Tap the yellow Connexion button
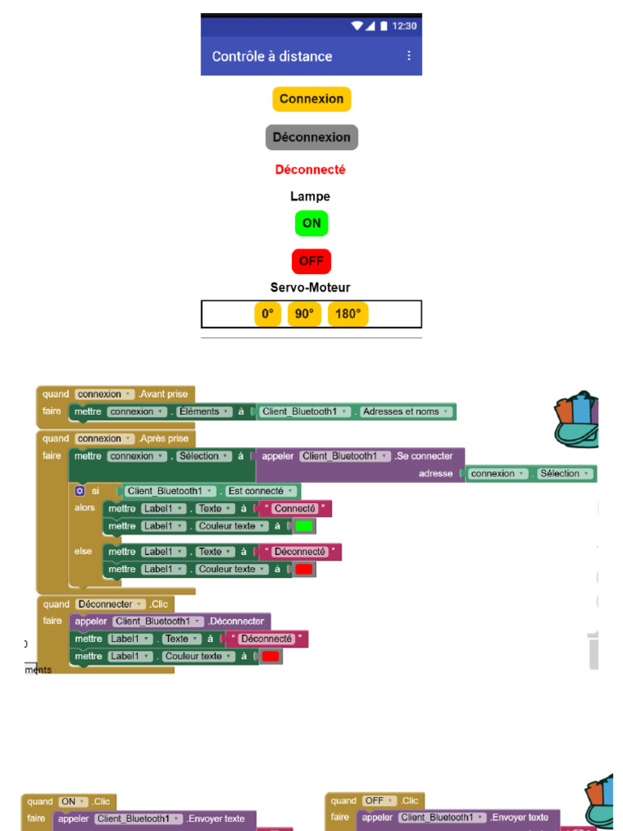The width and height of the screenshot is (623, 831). (x=311, y=99)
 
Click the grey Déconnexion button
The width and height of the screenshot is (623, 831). (x=311, y=137)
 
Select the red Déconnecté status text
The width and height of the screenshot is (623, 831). (x=310, y=170)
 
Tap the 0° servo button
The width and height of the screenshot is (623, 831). (x=268, y=314)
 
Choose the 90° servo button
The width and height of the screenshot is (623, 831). (x=304, y=314)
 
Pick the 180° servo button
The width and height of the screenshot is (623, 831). (x=348, y=314)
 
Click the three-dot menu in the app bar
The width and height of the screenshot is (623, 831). (x=409, y=56)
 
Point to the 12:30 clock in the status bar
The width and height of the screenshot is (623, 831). (x=404, y=26)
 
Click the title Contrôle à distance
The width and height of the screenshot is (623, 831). (x=272, y=56)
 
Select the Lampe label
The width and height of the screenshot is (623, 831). (x=310, y=196)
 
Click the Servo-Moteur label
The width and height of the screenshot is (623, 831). (x=310, y=287)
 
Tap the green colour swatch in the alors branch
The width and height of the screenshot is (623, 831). (x=304, y=527)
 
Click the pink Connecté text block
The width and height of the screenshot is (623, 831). (x=294, y=509)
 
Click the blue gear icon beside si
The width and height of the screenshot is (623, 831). (x=79, y=491)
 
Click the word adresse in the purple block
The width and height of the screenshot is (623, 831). (x=436, y=473)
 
